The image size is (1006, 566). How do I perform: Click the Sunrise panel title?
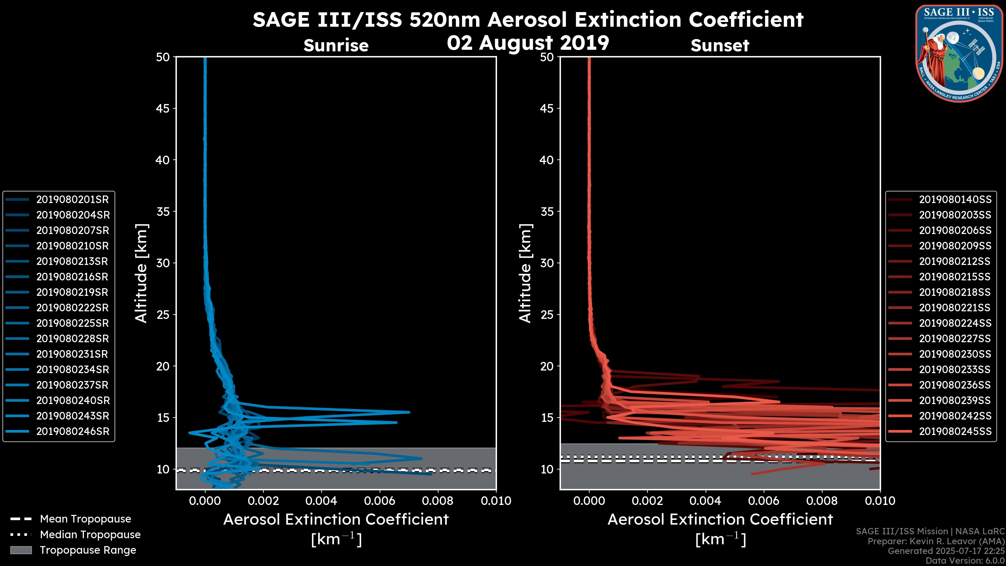(x=336, y=45)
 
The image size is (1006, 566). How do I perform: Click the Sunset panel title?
(x=720, y=45)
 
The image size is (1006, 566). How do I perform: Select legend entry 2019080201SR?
(x=72, y=200)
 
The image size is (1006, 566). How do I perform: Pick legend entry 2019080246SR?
(x=72, y=432)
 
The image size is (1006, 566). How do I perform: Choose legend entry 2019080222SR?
(x=72, y=308)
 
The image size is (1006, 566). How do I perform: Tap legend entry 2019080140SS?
(x=955, y=200)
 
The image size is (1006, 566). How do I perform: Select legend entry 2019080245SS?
(x=955, y=432)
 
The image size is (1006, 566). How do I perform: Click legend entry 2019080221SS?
(x=955, y=308)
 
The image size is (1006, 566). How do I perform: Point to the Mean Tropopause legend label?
(x=85, y=519)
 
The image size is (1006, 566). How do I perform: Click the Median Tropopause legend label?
(x=90, y=535)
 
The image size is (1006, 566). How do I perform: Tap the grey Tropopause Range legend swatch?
(x=21, y=550)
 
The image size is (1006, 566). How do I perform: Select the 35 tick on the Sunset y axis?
(x=547, y=212)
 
